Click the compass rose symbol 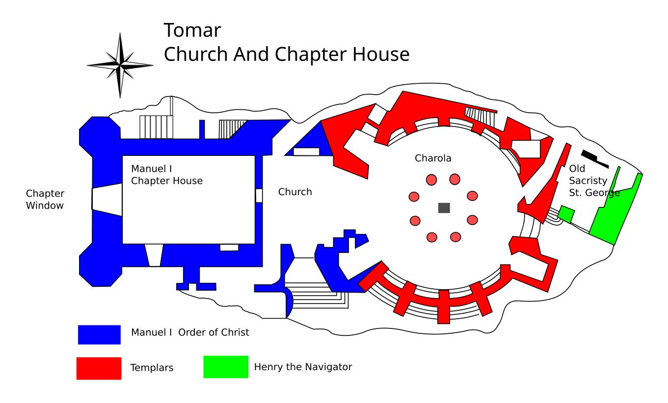pyautogui.click(x=120, y=65)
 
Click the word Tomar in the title pyautogui.click(x=192, y=30)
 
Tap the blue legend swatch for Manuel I pyautogui.click(x=99, y=335)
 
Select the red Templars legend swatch pyautogui.click(x=99, y=368)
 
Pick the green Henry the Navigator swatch pyautogui.click(x=226, y=367)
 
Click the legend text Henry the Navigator pyautogui.click(x=303, y=367)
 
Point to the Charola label pyautogui.click(x=433, y=158)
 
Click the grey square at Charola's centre pyautogui.click(x=444, y=208)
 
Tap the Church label pyautogui.click(x=295, y=192)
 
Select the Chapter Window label pyautogui.click(x=45, y=200)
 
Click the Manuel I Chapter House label pyautogui.click(x=167, y=175)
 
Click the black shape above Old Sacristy pyautogui.click(x=594, y=157)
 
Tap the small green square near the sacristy pyautogui.click(x=566, y=214)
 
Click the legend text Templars pyautogui.click(x=152, y=368)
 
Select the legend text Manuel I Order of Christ pyautogui.click(x=190, y=332)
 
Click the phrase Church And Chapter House pyautogui.click(x=286, y=54)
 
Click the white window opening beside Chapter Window pyautogui.click(x=107, y=200)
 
